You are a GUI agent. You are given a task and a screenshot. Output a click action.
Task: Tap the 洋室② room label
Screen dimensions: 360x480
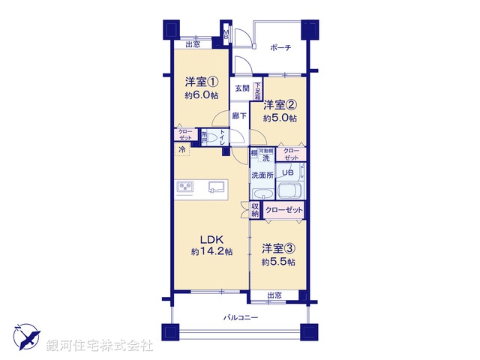pyautogui.click(x=278, y=105)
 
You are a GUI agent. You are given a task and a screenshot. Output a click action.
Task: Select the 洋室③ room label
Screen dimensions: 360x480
pyautogui.click(x=278, y=248)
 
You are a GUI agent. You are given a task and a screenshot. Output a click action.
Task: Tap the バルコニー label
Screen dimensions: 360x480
pyautogui.click(x=241, y=318)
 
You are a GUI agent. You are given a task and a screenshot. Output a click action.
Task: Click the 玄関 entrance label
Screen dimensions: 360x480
pyautogui.click(x=241, y=88)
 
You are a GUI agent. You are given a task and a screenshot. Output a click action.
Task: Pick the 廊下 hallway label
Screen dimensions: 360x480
pyautogui.click(x=238, y=115)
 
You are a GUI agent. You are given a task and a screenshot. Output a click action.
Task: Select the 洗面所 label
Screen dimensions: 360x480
pyautogui.click(x=262, y=175)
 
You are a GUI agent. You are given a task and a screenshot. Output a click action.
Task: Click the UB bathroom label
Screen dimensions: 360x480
pyautogui.click(x=288, y=172)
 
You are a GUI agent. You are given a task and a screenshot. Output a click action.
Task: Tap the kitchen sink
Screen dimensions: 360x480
pyautogui.click(x=215, y=186)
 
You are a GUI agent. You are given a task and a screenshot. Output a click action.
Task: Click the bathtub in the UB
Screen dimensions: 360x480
pyautogui.click(x=292, y=190)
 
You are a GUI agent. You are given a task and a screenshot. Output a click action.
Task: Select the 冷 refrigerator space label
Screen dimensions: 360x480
pyautogui.click(x=182, y=150)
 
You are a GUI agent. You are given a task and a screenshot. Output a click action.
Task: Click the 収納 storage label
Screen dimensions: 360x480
pyautogui.click(x=255, y=211)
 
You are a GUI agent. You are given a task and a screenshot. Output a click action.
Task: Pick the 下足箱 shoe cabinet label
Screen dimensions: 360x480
pyautogui.click(x=257, y=91)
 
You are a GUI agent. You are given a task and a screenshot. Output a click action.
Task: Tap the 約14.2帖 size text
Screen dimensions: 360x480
pyautogui.click(x=211, y=251)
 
